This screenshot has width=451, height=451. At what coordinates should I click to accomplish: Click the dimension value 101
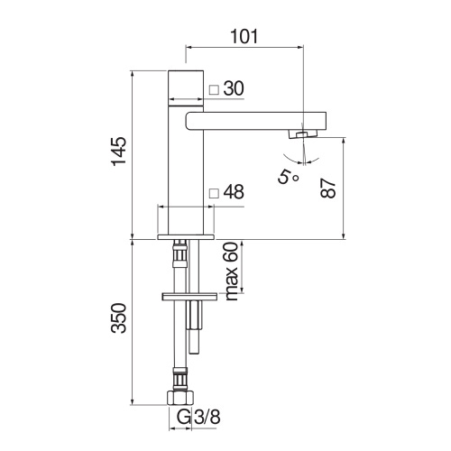tap(244, 36)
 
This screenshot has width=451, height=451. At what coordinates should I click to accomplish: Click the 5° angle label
tap(290, 176)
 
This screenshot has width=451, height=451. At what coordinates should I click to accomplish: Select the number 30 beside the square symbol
tap(234, 88)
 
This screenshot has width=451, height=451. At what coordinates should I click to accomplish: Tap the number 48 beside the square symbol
tap(234, 192)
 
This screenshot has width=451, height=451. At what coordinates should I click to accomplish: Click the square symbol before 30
tap(213, 89)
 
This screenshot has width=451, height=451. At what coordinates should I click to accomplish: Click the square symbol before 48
tap(213, 193)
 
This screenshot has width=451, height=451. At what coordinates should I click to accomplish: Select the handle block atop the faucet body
tap(189, 83)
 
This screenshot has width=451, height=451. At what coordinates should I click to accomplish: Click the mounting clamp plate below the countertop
tap(189, 296)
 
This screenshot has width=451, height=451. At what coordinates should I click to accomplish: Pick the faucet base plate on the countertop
tap(188, 236)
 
